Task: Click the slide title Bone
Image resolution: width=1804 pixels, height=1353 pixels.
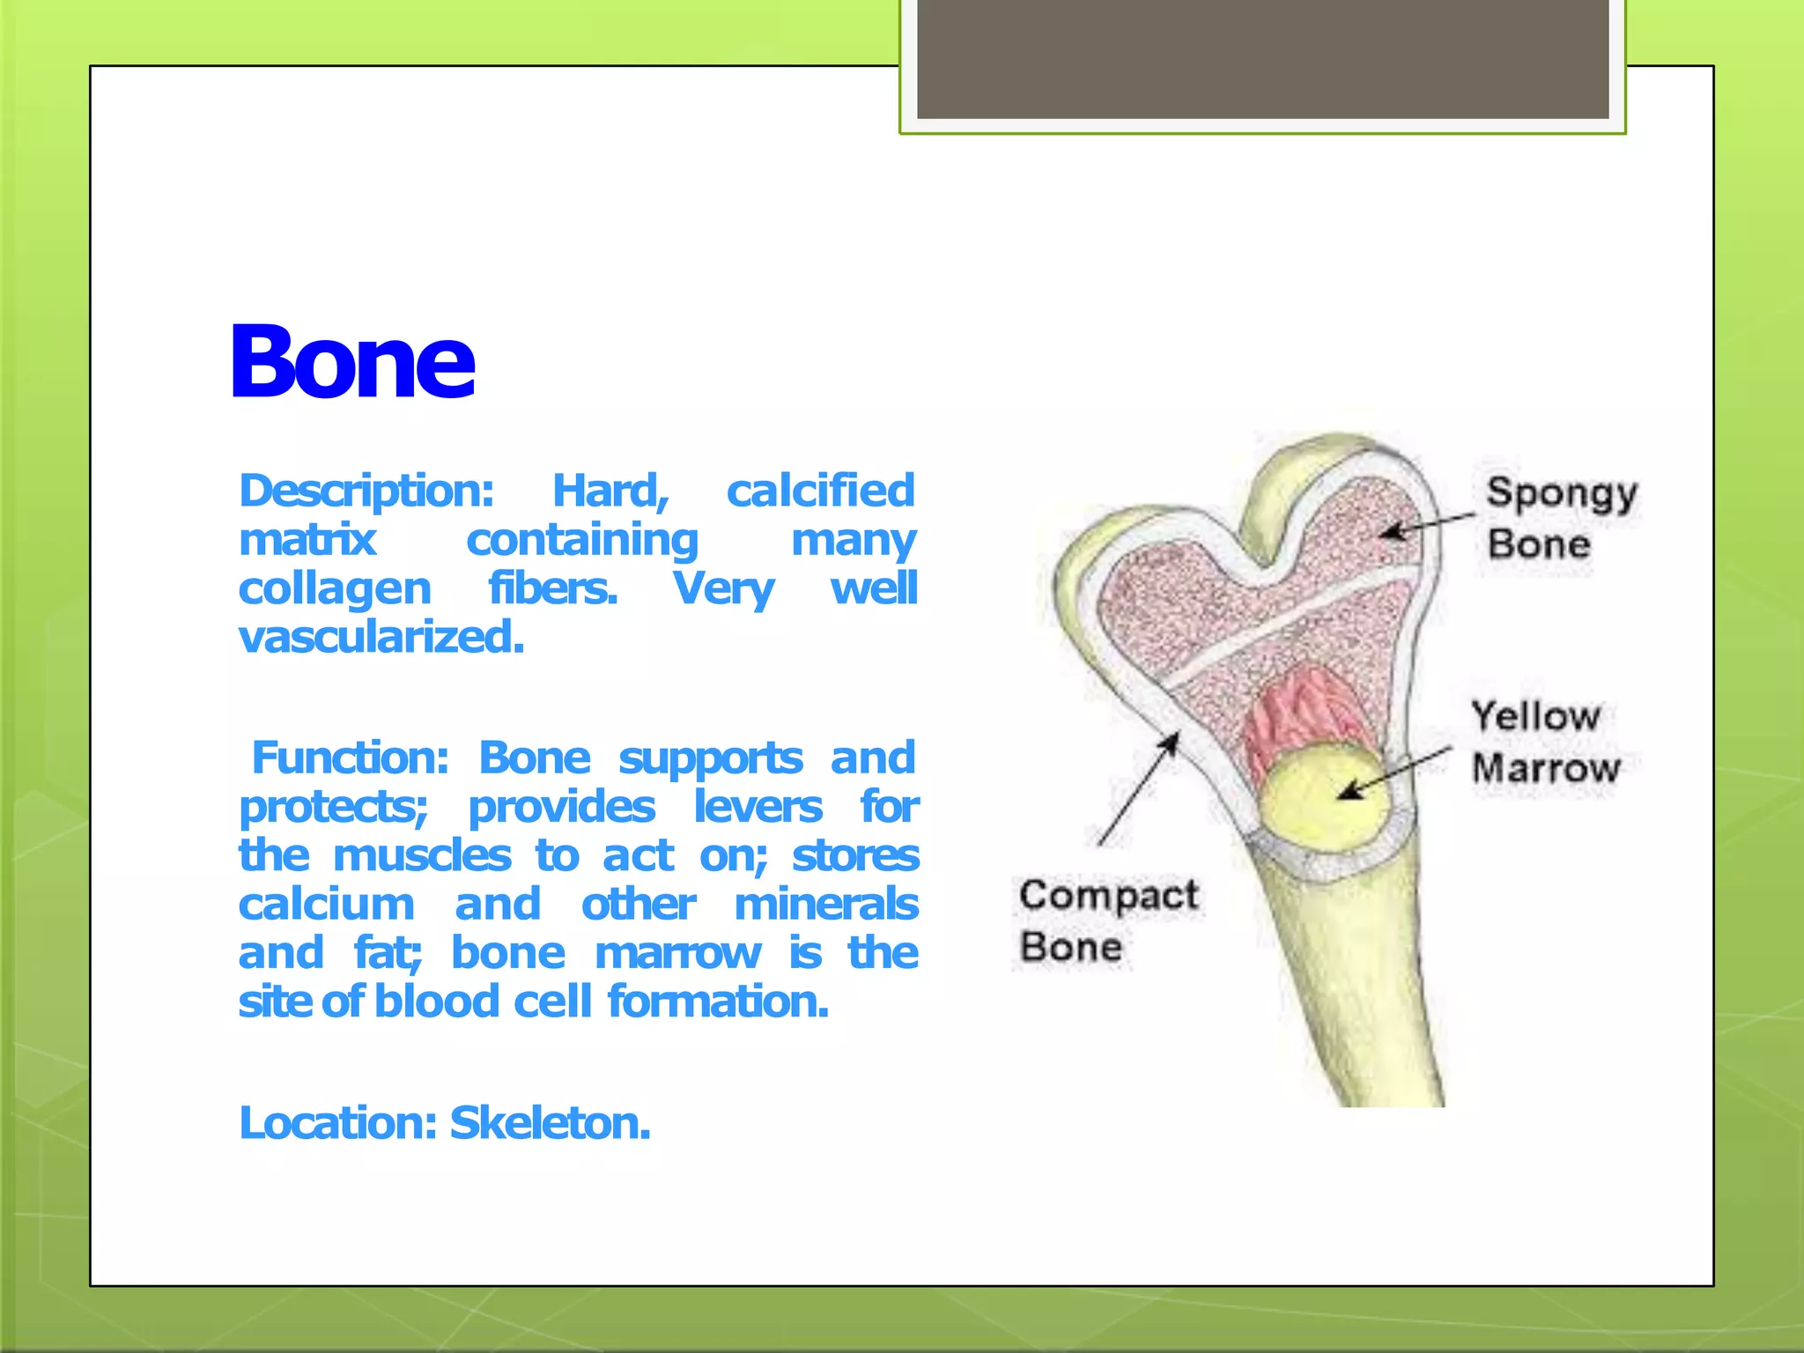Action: click(x=352, y=362)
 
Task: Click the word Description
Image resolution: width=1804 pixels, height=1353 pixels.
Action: click(x=365, y=491)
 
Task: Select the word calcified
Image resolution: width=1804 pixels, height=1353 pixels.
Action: click(x=820, y=491)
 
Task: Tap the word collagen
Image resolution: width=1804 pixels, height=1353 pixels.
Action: click(x=335, y=588)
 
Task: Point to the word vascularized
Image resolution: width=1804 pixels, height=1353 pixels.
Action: click(x=381, y=637)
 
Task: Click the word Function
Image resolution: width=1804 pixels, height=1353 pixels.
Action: click(x=350, y=758)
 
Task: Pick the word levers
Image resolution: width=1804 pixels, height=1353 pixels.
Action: click(x=758, y=807)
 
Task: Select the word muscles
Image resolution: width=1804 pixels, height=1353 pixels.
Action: click(x=422, y=855)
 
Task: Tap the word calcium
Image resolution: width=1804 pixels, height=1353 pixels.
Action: click(x=326, y=905)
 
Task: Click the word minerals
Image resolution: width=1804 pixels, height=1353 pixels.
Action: click(x=825, y=905)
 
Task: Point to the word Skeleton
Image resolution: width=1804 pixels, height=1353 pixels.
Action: click(x=550, y=1123)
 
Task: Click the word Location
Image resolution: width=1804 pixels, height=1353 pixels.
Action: click(x=337, y=1123)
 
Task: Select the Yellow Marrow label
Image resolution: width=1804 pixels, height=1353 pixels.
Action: click(x=1543, y=743)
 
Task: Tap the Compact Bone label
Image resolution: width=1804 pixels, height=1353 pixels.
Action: click(x=1105, y=920)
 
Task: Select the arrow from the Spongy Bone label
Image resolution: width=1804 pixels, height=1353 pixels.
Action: click(x=1427, y=524)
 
